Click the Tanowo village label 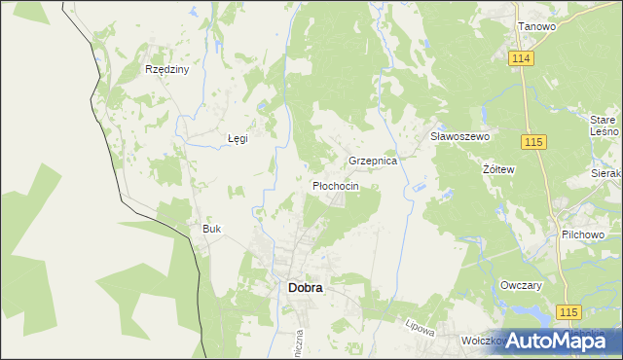click(536, 26)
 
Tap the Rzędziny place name click(166, 70)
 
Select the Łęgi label click(238, 138)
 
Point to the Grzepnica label click(373, 161)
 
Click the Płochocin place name click(336, 185)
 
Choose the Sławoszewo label click(459, 137)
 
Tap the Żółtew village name click(498, 168)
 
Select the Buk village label click(212, 229)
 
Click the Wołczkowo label click(483, 341)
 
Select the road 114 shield click(521, 59)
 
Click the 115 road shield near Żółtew click(532, 143)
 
